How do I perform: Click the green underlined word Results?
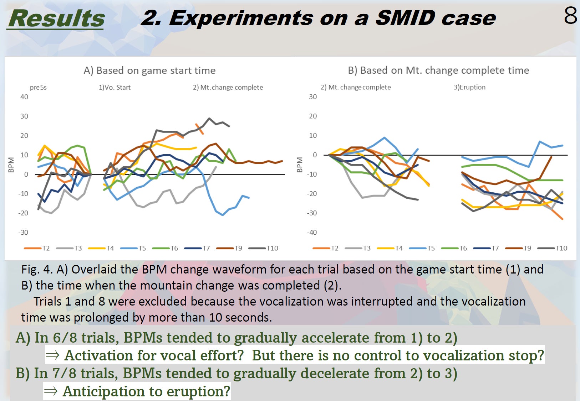(x=56, y=18)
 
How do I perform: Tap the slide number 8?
(x=570, y=16)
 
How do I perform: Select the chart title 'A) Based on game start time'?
(x=149, y=70)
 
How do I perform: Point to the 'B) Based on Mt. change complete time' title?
(x=438, y=70)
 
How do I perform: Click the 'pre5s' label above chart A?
(x=38, y=87)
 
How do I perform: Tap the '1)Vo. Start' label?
(x=115, y=87)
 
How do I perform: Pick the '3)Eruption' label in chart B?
(x=469, y=87)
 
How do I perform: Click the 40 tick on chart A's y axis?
(x=24, y=97)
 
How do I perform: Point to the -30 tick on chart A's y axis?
(x=23, y=232)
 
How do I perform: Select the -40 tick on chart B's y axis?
(x=312, y=232)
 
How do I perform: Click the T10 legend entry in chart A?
(x=263, y=248)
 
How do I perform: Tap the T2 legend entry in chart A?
(x=37, y=248)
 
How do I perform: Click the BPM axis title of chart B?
(x=299, y=165)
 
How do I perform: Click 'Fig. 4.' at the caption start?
(x=36, y=270)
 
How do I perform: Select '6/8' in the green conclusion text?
(x=65, y=338)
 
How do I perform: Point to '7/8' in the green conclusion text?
(x=64, y=373)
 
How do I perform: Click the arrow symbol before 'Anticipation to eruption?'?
(x=51, y=391)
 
